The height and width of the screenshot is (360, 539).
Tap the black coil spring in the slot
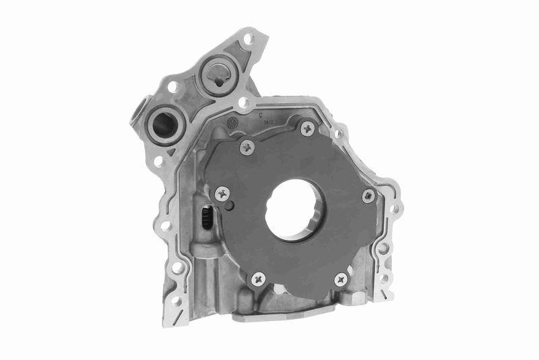click(209, 218)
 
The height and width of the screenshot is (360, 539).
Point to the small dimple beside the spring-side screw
click(229, 205)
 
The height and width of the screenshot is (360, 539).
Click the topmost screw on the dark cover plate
click(307, 127)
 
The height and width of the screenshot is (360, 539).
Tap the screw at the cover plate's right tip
click(368, 196)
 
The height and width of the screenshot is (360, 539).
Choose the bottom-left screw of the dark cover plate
click(257, 278)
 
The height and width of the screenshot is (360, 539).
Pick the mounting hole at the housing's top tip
click(248, 39)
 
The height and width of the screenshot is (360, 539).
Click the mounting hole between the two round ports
click(173, 86)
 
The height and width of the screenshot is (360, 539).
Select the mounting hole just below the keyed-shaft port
click(243, 103)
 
